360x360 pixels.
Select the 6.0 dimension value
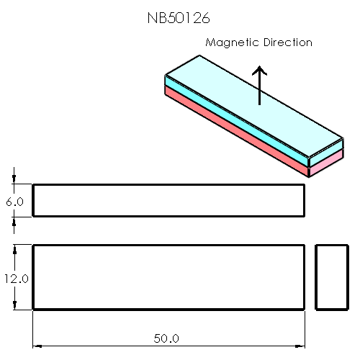point(15,202)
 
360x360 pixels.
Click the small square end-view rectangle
point(333,277)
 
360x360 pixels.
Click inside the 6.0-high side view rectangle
point(168,200)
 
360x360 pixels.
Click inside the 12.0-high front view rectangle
point(168,277)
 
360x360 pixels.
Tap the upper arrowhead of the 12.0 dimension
point(14,248)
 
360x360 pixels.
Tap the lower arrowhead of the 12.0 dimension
point(14,306)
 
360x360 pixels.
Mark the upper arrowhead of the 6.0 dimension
point(14,181)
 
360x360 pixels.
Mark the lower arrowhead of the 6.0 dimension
point(14,220)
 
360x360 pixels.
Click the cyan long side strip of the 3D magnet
point(238,120)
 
